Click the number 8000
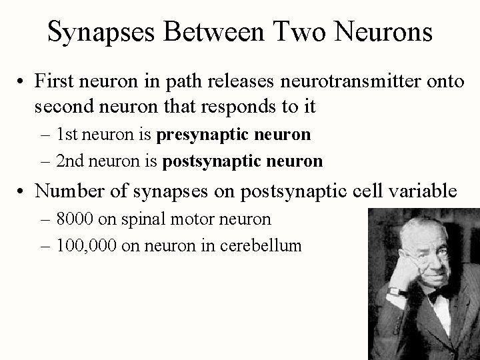coord(76,219)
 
